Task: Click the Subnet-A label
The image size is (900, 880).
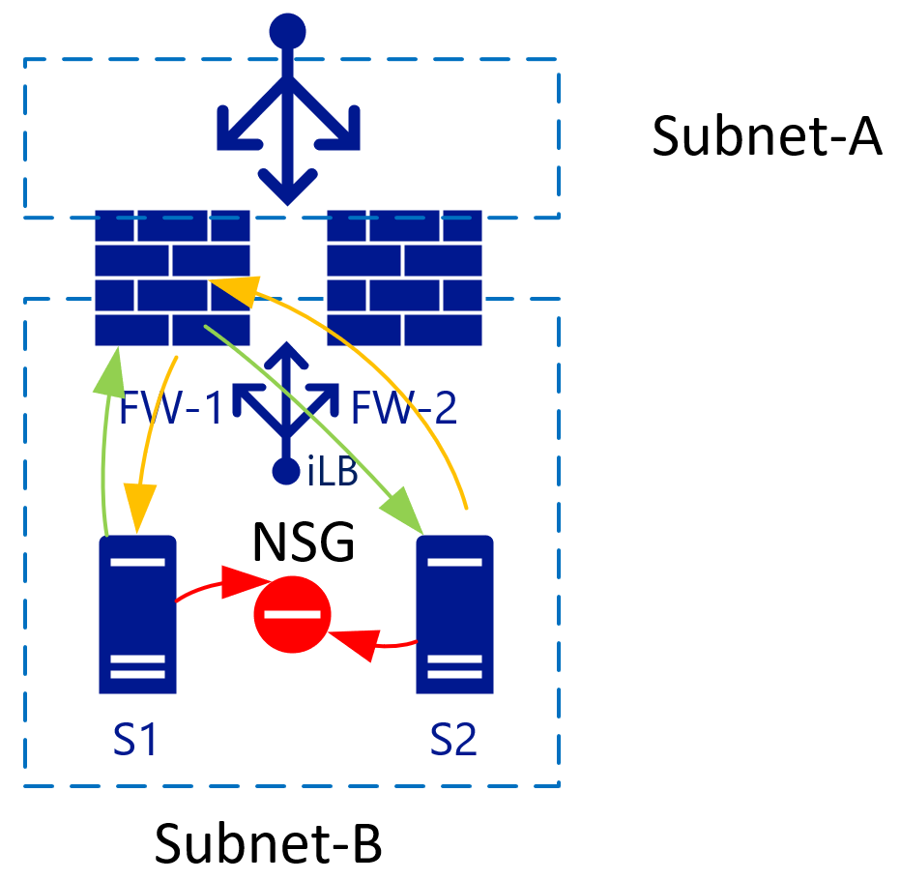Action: point(767,135)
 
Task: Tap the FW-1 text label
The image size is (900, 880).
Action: point(170,407)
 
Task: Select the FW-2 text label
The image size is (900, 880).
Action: point(403,407)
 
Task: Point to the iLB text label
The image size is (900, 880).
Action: point(333,471)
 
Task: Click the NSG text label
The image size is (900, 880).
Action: point(304,542)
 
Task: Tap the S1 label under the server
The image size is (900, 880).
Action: point(135,740)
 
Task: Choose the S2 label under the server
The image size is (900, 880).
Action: point(453,740)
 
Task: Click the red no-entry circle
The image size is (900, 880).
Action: point(292,614)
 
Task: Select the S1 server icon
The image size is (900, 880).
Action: point(137,614)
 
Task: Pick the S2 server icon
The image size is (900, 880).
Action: point(454,614)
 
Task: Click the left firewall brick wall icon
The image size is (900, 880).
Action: point(172,278)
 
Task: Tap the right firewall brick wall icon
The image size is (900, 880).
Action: point(404,278)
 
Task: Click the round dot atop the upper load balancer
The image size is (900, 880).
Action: point(287,31)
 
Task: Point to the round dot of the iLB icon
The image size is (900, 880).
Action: point(286,471)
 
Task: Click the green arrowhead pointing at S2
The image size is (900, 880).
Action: point(404,511)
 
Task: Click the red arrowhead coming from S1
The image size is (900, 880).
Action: point(246,581)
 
